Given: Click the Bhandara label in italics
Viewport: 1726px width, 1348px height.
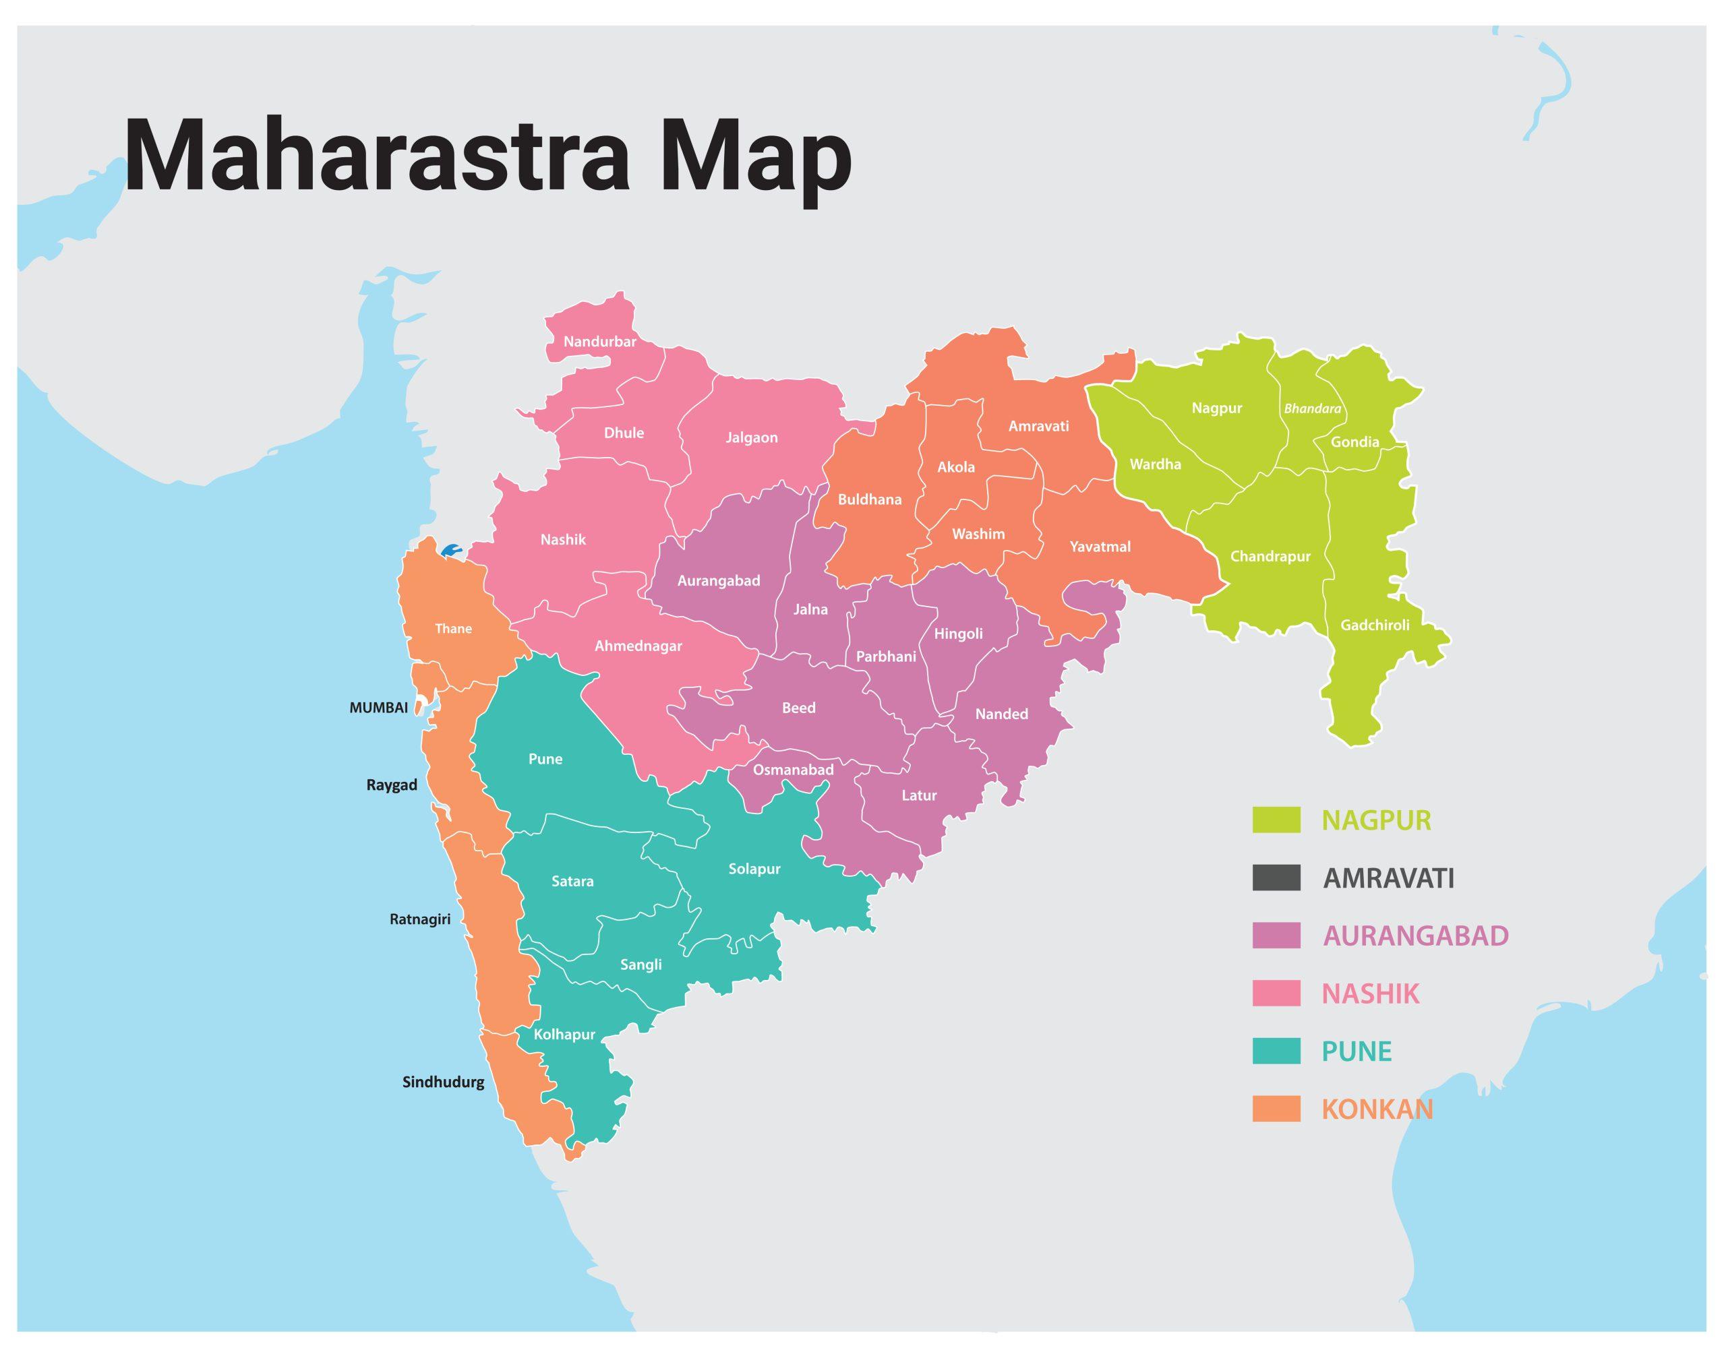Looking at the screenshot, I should (1312, 409).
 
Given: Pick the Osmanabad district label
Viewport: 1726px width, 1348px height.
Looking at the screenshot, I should (793, 770).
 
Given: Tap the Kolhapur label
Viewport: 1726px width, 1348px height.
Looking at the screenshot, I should (564, 1035).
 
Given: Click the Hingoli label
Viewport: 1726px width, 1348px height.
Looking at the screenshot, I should (958, 634).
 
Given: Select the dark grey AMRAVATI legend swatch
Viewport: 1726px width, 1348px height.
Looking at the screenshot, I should (1276, 878).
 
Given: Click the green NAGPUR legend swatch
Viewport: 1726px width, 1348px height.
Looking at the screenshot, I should (1276, 820).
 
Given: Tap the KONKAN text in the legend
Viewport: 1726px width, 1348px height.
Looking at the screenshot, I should (1377, 1109).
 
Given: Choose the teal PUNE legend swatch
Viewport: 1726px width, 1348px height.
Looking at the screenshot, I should (1276, 1051).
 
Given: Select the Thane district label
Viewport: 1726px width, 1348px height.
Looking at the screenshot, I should (453, 629).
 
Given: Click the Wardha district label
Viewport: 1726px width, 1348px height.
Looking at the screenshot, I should (1155, 464).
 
